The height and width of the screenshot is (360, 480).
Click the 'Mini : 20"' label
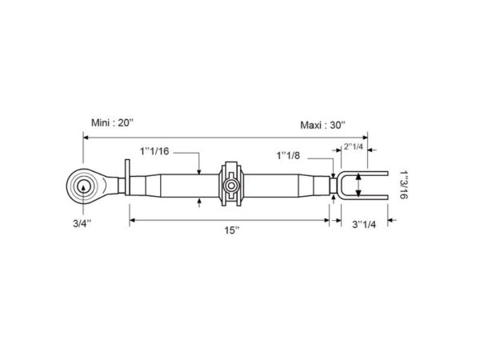click(113, 123)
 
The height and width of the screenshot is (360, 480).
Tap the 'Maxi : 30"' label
click(322, 126)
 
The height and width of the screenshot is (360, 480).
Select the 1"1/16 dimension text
click(154, 151)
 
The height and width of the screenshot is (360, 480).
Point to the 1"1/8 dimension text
click(288, 156)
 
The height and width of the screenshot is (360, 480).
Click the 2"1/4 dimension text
click(354, 146)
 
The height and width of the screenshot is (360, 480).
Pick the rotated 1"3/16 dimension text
click(403, 185)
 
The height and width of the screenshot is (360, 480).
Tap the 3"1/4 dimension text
click(364, 224)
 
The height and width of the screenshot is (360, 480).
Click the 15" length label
click(232, 230)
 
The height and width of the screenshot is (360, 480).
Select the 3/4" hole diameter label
click(82, 223)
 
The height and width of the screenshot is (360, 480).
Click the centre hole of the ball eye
click(83, 186)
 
